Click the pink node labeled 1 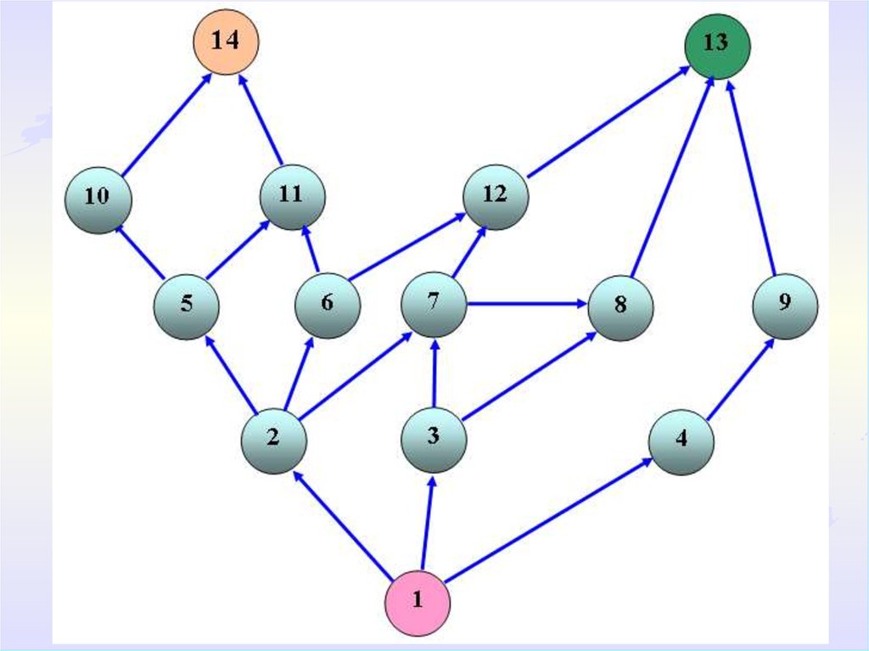coord(418,602)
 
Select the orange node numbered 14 coord(224,42)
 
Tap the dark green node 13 coord(717,45)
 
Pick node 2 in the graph coord(273,440)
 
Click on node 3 coord(434,439)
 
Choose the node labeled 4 coord(681,441)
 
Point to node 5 coord(187,306)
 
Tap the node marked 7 coord(434,304)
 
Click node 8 coord(620,306)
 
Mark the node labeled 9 coord(785,306)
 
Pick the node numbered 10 coord(98,199)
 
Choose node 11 coord(292,196)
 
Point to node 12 coord(496,196)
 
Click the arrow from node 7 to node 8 coord(527,303)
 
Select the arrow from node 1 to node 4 coord(548,520)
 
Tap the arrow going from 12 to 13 coord(608,125)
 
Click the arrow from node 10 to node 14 coord(166,126)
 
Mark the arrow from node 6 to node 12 coord(407,246)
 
